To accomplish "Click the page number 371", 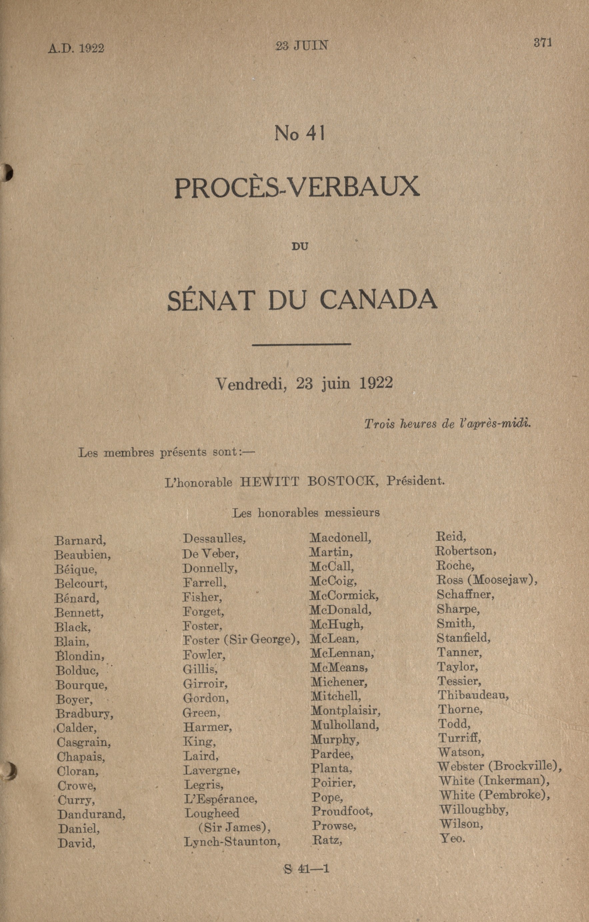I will [x=543, y=43].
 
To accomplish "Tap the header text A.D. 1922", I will [x=76, y=49].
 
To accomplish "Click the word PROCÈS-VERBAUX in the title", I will [x=297, y=187].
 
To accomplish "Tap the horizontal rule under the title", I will [x=302, y=344].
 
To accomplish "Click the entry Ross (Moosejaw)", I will [x=487, y=580].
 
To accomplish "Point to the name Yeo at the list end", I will [x=452, y=838].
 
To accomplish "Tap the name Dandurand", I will [x=91, y=814].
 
